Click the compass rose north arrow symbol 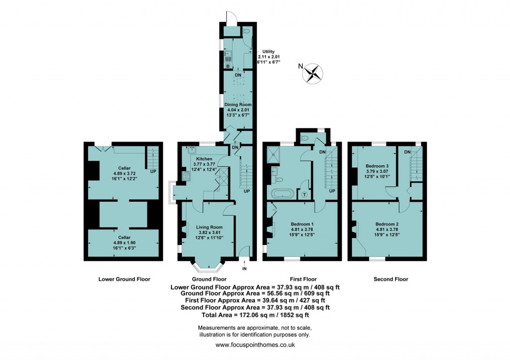(313, 73)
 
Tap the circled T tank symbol (304, 195)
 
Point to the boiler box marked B (228, 66)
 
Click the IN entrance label (244, 269)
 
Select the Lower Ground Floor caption (124, 279)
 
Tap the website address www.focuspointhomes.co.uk (255, 345)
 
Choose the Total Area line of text (255, 315)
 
